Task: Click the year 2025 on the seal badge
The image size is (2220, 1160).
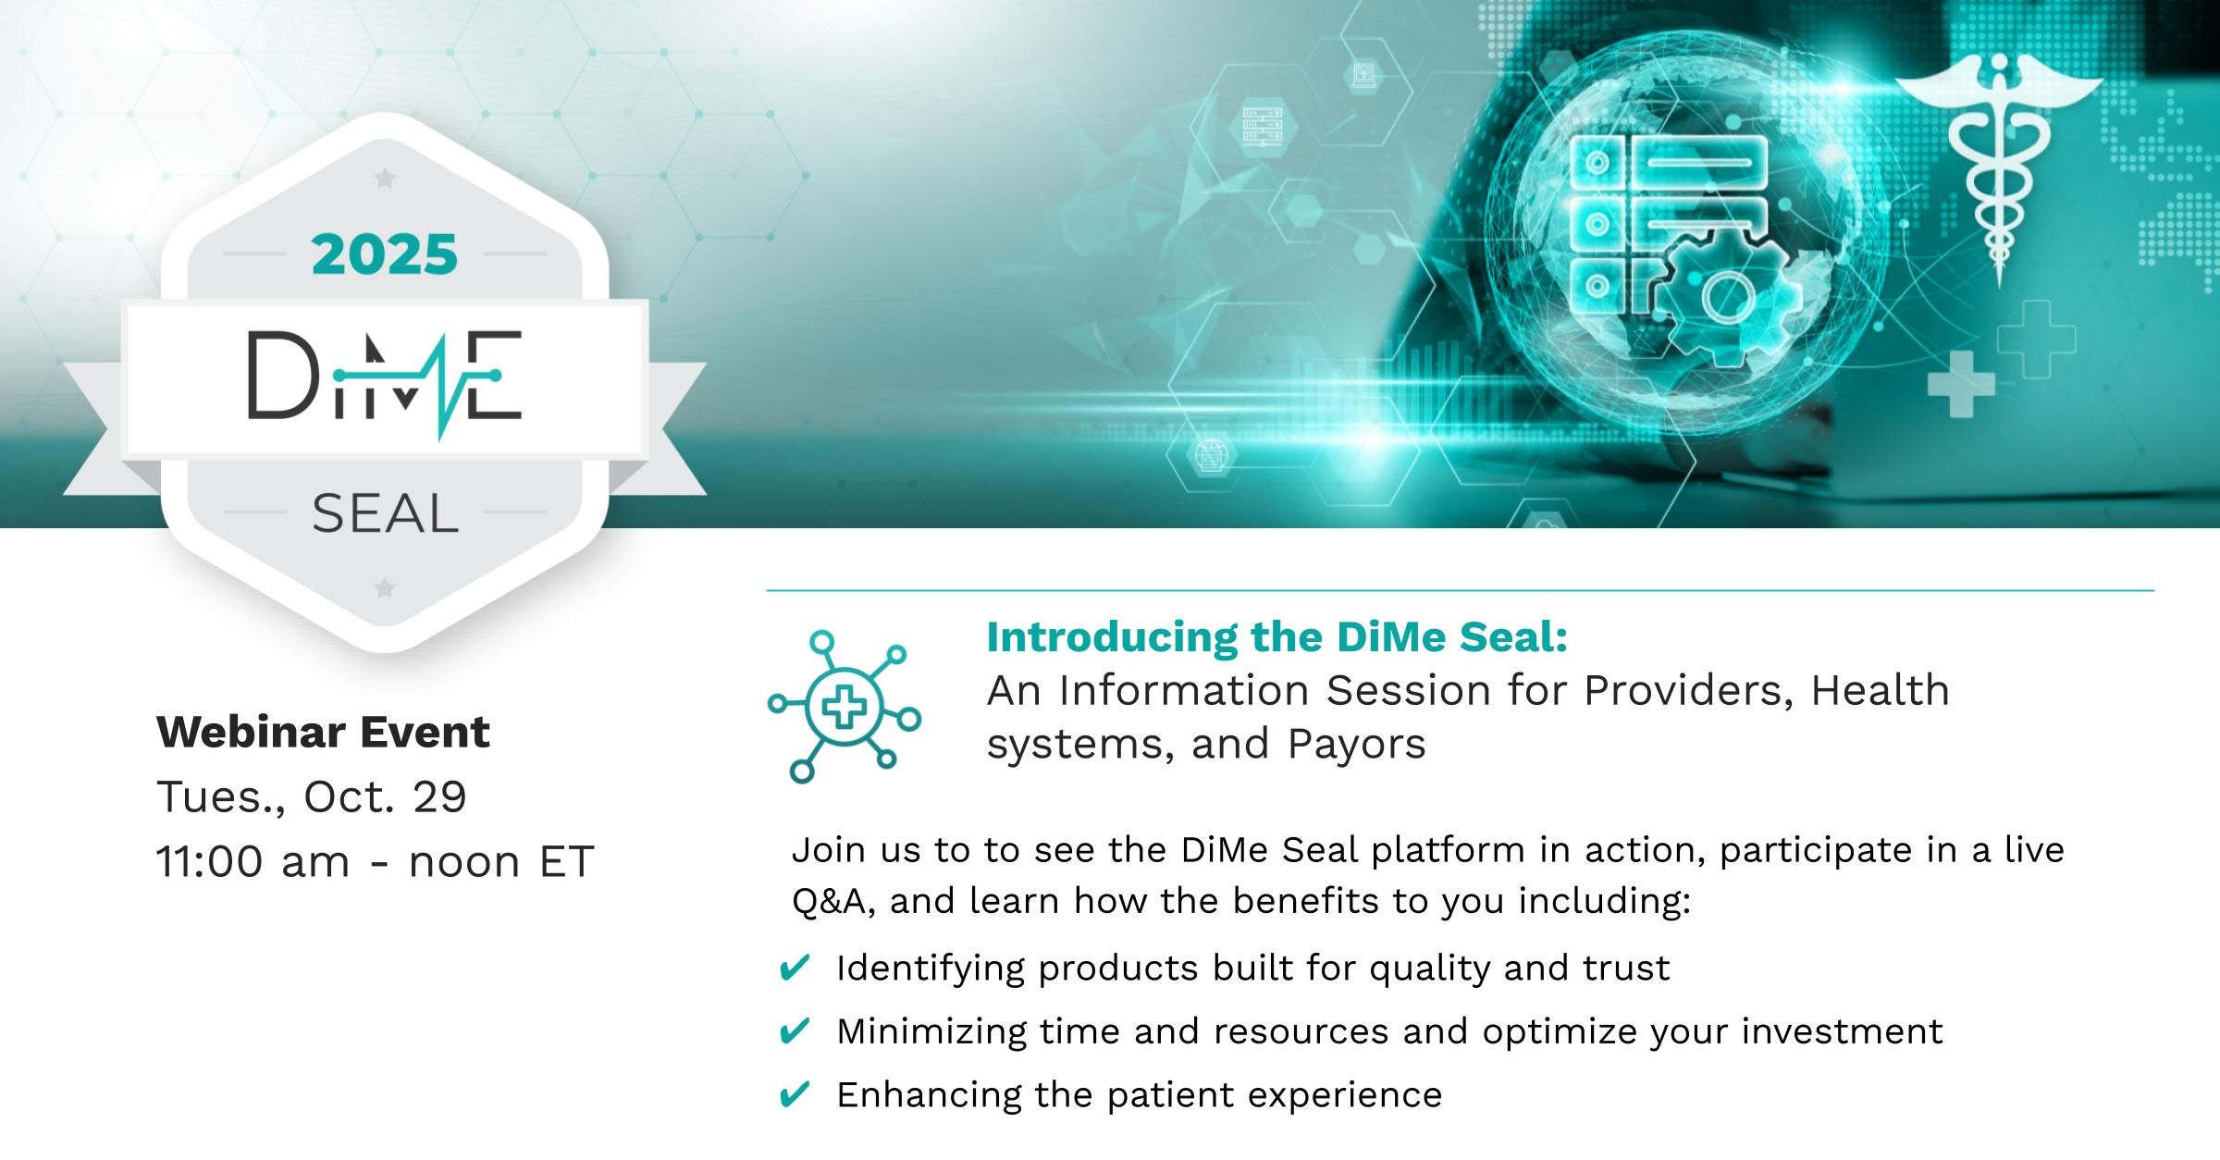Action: pyautogui.click(x=385, y=254)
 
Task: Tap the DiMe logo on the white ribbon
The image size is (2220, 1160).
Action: pyautogui.click(x=385, y=379)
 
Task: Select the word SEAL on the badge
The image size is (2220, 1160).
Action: pyautogui.click(x=385, y=514)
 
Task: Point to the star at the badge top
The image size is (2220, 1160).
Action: pyautogui.click(x=385, y=179)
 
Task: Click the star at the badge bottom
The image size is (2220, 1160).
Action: pyautogui.click(x=386, y=587)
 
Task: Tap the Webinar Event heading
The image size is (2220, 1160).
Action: pyautogui.click(x=323, y=733)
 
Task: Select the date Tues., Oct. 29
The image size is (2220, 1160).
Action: pyautogui.click(x=312, y=796)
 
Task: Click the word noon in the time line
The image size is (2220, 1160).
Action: pyautogui.click(x=465, y=862)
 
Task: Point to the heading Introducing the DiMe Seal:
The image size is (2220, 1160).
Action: pyautogui.click(x=1277, y=637)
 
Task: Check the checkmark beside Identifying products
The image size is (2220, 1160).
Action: pyautogui.click(x=795, y=968)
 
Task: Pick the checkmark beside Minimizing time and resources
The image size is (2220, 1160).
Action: pyautogui.click(x=795, y=1030)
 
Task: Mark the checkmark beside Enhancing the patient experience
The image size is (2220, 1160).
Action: pyautogui.click(x=795, y=1094)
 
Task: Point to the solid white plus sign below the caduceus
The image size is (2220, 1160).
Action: pyautogui.click(x=1961, y=383)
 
